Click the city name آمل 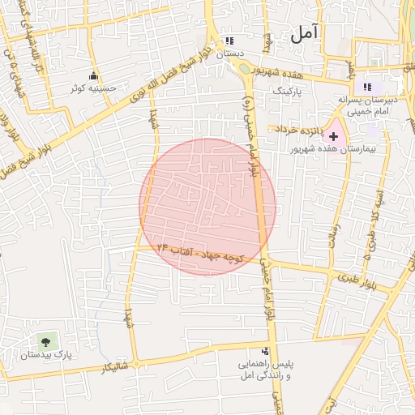[x=305, y=33]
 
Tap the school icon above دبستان [x=229, y=41]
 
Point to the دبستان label [x=229, y=53]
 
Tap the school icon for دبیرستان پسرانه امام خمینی [x=366, y=87]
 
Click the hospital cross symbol [x=333, y=136]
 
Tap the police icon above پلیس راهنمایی [x=265, y=351]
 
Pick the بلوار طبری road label [x=349, y=278]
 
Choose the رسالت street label [x=332, y=235]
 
